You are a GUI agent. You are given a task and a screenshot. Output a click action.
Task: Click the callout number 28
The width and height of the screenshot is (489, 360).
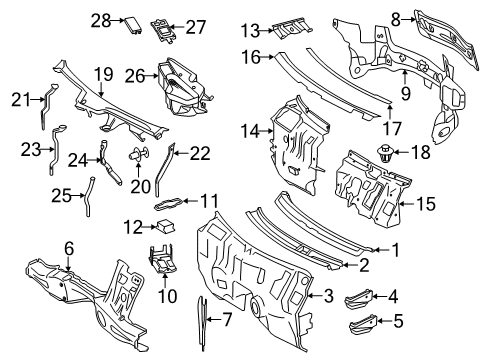click(101, 21)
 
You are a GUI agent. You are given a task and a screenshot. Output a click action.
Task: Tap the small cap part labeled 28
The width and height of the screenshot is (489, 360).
click(134, 25)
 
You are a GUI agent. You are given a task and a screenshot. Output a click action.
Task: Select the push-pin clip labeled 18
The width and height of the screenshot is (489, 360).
click(385, 153)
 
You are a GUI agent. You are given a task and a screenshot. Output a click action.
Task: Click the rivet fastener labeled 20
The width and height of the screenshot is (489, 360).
click(139, 154)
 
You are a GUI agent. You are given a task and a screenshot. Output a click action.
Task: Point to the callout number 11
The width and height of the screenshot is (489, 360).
click(209, 201)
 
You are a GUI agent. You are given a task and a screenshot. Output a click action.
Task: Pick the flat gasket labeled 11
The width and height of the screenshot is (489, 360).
click(169, 203)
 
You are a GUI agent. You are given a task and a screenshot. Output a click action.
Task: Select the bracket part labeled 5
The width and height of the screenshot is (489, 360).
click(363, 324)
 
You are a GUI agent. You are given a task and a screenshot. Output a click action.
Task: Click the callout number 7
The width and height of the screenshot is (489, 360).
click(226, 320)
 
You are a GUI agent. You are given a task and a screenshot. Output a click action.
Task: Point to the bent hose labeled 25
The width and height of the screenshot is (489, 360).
click(88, 197)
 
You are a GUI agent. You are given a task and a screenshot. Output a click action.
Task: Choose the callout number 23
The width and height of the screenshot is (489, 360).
click(31, 150)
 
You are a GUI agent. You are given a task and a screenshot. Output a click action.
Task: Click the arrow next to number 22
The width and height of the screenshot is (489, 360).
click(181, 153)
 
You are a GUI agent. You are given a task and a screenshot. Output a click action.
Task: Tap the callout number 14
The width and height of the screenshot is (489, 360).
click(250, 131)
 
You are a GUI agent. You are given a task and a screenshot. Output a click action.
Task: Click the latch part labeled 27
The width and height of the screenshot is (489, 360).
click(163, 31)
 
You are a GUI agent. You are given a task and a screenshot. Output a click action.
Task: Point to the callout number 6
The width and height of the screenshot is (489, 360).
click(69, 248)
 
